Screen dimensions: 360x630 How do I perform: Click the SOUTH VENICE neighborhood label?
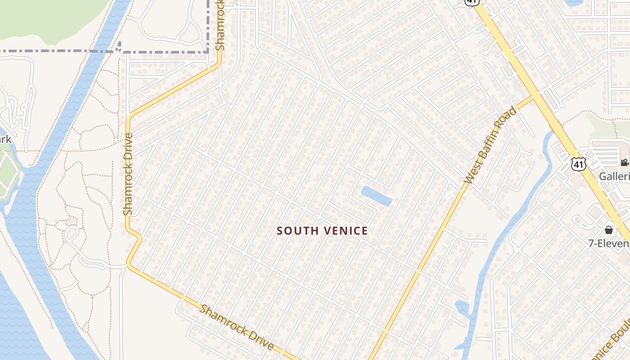click(x=322, y=231)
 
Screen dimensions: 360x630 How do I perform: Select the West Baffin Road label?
click(x=490, y=145)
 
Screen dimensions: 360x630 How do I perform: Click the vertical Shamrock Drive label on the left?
click(x=128, y=174)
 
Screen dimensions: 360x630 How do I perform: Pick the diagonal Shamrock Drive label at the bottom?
click(x=237, y=327)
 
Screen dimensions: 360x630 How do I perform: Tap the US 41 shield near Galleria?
click(x=578, y=164)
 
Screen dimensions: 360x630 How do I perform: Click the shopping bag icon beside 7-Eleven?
click(x=609, y=230)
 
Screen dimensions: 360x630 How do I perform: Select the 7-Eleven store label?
click(x=609, y=243)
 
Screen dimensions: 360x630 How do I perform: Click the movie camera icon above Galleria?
click(x=624, y=162)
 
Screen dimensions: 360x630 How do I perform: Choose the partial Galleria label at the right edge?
click(x=614, y=176)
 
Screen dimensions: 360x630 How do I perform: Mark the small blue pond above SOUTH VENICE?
click(x=376, y=196)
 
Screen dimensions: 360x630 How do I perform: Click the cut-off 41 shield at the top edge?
click(x=471, y=2)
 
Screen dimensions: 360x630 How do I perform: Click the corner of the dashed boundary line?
click(x=208, y=51)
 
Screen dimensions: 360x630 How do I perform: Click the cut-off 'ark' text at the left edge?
click(x=5, y=139)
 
